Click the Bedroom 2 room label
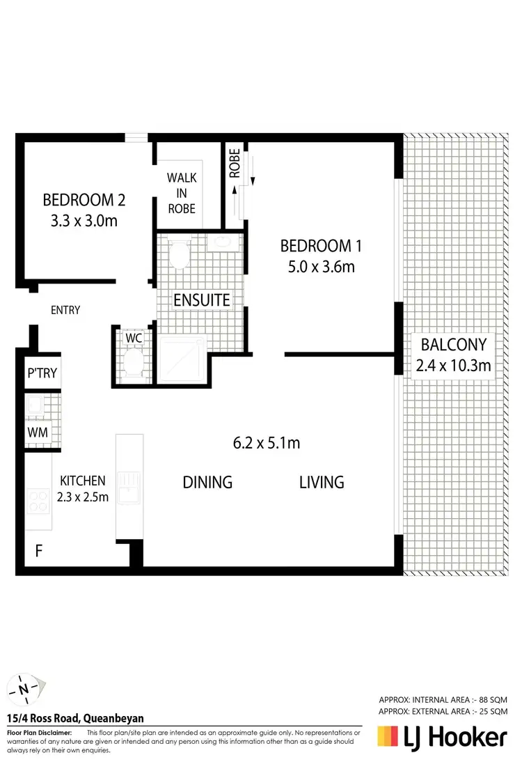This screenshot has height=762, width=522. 84,201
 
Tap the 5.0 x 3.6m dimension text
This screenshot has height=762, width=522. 321,266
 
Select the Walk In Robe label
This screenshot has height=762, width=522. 181,193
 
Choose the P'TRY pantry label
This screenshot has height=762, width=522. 42,373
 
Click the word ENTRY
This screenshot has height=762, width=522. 66,310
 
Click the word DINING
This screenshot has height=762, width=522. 207,482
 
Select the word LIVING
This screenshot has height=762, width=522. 322,482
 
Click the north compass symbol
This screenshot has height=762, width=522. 25,689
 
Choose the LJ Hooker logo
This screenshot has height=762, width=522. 441,737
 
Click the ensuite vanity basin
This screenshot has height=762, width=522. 224,242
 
